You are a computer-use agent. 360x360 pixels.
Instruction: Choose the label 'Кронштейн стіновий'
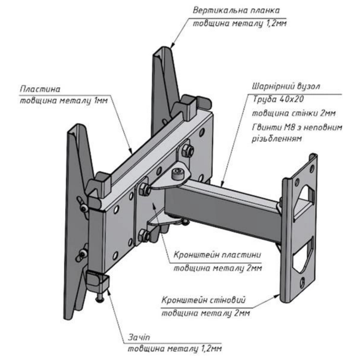click(x=203, y=301)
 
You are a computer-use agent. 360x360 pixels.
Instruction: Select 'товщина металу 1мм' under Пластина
click(x=63, y=101)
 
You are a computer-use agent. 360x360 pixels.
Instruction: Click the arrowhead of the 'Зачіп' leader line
click(x=109, y=289)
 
